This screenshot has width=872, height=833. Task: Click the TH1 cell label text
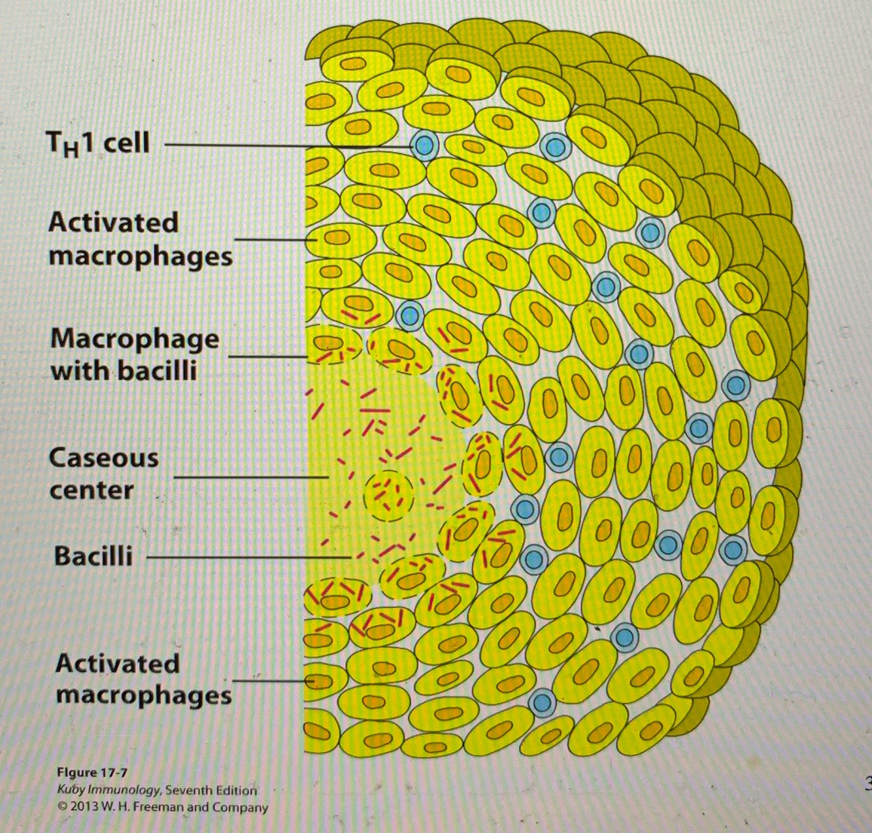(x=98, y=143)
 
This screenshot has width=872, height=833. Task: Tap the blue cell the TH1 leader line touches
(x=424, y=146)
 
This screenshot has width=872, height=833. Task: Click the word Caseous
(x=103, y=458)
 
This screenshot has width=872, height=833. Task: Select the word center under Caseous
(x=92, y=490)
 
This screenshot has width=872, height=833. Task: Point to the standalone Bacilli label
(x=93, y=556)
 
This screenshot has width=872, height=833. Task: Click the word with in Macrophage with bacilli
(x=82, y=371)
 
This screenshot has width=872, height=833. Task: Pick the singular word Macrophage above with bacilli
(x=135, y=339)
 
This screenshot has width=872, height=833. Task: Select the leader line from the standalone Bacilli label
(x=248, y=558)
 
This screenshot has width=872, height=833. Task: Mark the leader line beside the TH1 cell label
(x=288, y=145)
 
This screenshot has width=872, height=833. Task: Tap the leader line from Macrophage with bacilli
(x=268, y=357)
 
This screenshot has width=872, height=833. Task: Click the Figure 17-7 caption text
(x=92, y=773)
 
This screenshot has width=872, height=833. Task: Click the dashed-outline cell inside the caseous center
(x=389, y=495)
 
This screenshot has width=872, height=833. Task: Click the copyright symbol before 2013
(x=61, y=806)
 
